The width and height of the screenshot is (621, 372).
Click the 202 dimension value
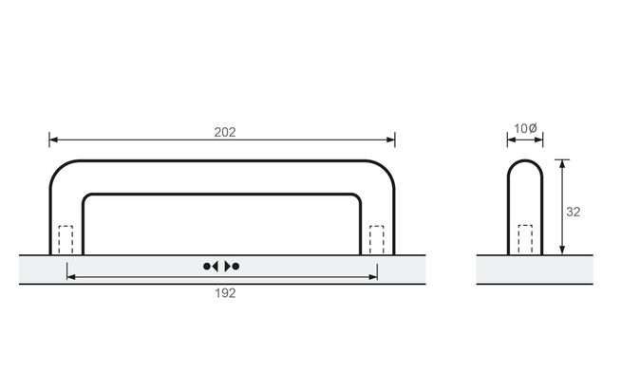pos(224,132)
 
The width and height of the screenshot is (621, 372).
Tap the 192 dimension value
pos(224,292)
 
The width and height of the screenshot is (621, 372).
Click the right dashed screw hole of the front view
pos(377,239)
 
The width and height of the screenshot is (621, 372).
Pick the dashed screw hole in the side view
pos(525,239)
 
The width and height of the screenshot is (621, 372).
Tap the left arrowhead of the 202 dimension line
pos(54,140)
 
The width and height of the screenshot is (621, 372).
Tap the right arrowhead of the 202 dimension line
pos(390,140)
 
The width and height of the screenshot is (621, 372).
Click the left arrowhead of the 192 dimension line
pos(71,277)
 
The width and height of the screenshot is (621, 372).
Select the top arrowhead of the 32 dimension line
pos(563,164)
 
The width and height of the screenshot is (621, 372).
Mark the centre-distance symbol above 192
pos(222,266)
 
